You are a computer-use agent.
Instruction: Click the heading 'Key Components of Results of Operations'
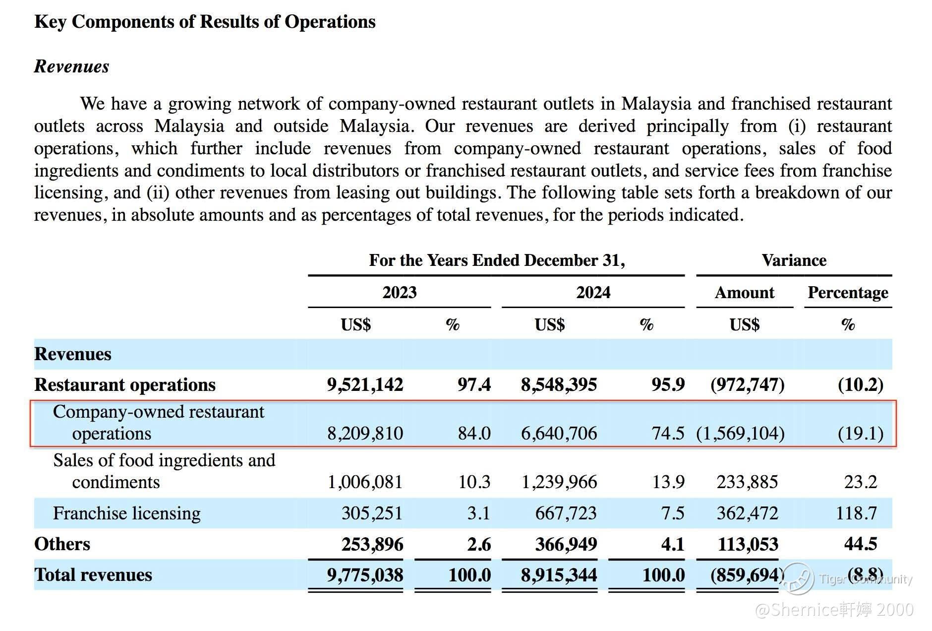pos(205,22)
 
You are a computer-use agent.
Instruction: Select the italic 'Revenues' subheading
pos(72,66)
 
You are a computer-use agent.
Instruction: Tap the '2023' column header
pos(399,292)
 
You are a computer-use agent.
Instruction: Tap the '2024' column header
pos(593,292)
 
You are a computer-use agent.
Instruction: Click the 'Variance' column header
pos(794,260)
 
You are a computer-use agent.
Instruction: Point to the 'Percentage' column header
pos(848,292)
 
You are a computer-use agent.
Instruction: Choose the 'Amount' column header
pos(744,292)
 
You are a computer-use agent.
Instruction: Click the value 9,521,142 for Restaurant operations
pos(365,384)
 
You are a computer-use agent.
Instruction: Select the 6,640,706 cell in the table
pos(559,433)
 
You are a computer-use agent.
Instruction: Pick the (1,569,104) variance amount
pos(740,433)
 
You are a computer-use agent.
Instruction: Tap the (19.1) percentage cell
pos(860,433)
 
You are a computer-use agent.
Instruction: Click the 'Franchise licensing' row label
pos(127,513)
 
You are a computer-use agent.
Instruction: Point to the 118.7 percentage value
pos(856,513)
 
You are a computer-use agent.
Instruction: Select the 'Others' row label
pos(62,544)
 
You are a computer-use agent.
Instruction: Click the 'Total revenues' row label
pos(93,574)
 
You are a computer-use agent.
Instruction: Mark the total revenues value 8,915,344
pos(559,574)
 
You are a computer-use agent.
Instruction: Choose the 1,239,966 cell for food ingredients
pos(559,482)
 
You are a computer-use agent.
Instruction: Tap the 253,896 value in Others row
pos(372,544)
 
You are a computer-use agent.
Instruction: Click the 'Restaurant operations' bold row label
pos(125,384)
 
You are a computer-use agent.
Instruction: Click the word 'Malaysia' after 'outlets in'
pos(656,104)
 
